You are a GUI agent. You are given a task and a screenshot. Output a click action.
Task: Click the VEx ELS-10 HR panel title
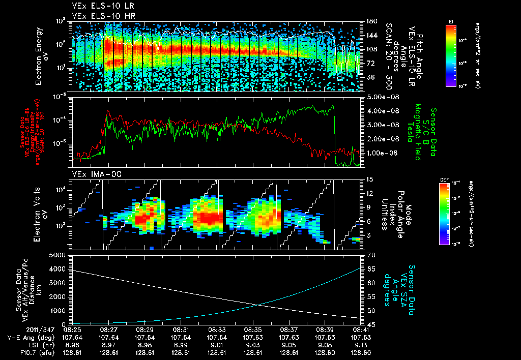coord(99,16)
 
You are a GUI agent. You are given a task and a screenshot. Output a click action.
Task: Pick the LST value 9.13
coord(361,344)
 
